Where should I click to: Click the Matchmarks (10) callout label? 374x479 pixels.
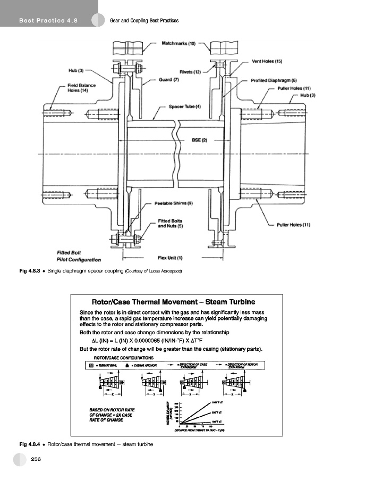178,43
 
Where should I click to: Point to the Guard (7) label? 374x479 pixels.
168,80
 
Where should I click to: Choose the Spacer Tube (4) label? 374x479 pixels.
184,107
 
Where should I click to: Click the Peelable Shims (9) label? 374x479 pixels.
173,203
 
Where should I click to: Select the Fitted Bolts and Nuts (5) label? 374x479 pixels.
171,224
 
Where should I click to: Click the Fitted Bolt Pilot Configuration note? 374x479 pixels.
79,256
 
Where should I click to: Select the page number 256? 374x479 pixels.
37,459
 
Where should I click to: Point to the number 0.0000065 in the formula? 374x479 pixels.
152,340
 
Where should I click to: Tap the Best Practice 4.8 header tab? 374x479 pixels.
48,20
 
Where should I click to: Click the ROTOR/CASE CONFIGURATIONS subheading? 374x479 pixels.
124,358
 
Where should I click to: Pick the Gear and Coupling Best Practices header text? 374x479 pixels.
143,20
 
